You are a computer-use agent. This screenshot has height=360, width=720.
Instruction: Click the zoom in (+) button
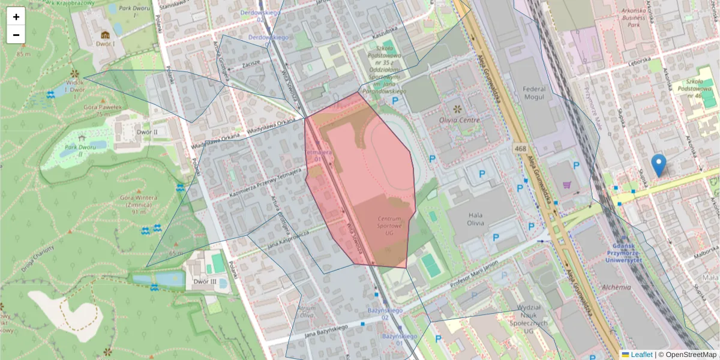[16, 17]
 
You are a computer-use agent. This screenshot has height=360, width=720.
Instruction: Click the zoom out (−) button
[16, 35]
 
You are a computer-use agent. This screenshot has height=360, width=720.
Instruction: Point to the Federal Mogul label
[535, 94]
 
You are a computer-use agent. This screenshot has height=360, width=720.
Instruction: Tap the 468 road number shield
[520, 148]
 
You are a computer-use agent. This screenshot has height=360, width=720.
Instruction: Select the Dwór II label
[146, 131]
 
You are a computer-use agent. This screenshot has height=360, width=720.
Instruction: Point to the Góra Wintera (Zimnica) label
[138, 204]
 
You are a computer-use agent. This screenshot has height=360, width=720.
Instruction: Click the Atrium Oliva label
[306, 311]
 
